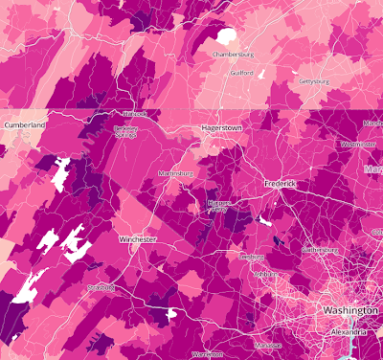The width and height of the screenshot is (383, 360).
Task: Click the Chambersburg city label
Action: pos(237,55)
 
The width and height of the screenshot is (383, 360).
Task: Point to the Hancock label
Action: pos(134,113)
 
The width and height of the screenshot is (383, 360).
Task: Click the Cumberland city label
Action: pos(24,125)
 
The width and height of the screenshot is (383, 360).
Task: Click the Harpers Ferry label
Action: pos(221,206)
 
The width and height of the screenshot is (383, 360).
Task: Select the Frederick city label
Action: pos(283,182)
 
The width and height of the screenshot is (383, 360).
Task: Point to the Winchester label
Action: pos(137,238)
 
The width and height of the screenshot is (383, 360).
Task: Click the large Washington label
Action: pos(351,312)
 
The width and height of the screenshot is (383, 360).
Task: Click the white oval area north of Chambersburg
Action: pos(226,35)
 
